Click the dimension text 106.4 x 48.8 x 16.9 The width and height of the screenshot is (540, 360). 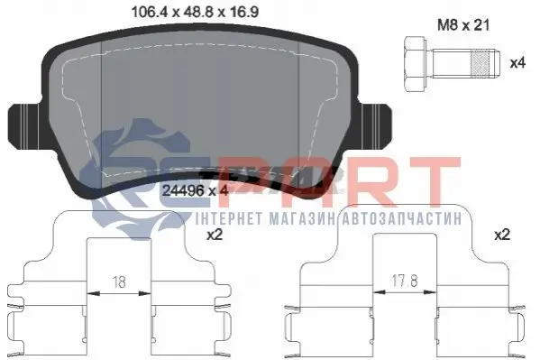(195, 13)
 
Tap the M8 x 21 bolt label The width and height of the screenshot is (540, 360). (463, 25)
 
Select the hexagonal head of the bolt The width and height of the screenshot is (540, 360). (416, 64)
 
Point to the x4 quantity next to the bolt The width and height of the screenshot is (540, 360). (517, 63)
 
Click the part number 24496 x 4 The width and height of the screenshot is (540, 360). (195, 190)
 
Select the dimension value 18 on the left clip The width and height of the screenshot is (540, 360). (119, 282)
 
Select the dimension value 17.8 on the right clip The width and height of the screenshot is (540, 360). (404, 281)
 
